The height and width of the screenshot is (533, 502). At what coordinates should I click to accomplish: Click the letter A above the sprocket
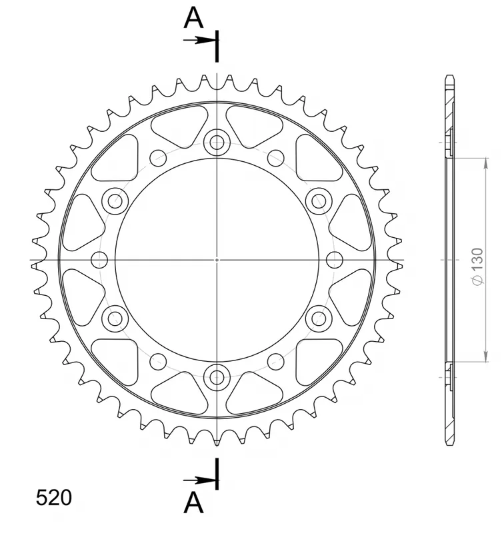click(x=194, y=18)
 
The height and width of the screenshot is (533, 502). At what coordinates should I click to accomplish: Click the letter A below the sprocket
click(x=194, y=503)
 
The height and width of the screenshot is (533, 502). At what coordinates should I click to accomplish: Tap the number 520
click(x=54, y=498)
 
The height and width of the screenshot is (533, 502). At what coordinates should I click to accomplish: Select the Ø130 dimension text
click(x=476, y=268)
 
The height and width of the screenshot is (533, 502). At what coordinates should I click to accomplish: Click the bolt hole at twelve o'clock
click(x=217, y=141)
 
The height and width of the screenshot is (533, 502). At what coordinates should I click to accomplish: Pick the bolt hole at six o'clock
click(x=217, y=377)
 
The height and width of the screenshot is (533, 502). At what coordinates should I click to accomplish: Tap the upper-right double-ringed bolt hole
click(x=319, y=199)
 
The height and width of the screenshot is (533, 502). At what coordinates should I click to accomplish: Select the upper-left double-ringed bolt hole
click(x=115, y=199)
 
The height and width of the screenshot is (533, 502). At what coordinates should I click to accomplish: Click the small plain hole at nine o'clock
click(x=99, y=259)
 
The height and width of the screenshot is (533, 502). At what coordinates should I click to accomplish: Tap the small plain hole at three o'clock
click(x=335, y=259)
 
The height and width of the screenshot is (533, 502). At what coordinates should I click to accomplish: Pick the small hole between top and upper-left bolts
click(x=158, y=158)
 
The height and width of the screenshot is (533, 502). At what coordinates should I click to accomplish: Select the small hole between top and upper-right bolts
click(x=275, y=158)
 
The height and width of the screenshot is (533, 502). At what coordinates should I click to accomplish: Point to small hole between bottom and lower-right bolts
click(x=275, y=361)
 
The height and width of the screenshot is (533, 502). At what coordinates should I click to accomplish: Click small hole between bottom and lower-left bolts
click(x=158, y=361)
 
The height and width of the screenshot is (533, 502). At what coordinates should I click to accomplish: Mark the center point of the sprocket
click(x=217, y=259)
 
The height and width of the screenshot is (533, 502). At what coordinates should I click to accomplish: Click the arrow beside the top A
click(x=200, y=40)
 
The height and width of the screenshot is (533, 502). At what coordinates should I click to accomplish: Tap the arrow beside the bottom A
click(x=200, y=480)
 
